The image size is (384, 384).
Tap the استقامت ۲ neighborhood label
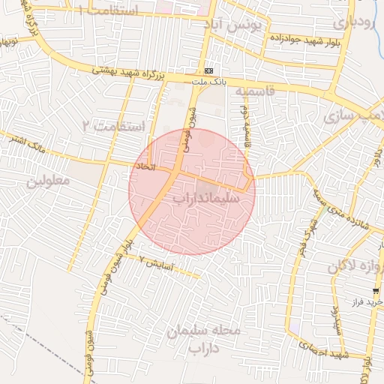point(120,126)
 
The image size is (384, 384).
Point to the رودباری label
point(352,22)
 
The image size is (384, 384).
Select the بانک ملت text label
point(208,80)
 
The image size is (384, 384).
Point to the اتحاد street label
point(144,165)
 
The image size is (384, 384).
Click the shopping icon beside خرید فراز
point(374,291)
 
